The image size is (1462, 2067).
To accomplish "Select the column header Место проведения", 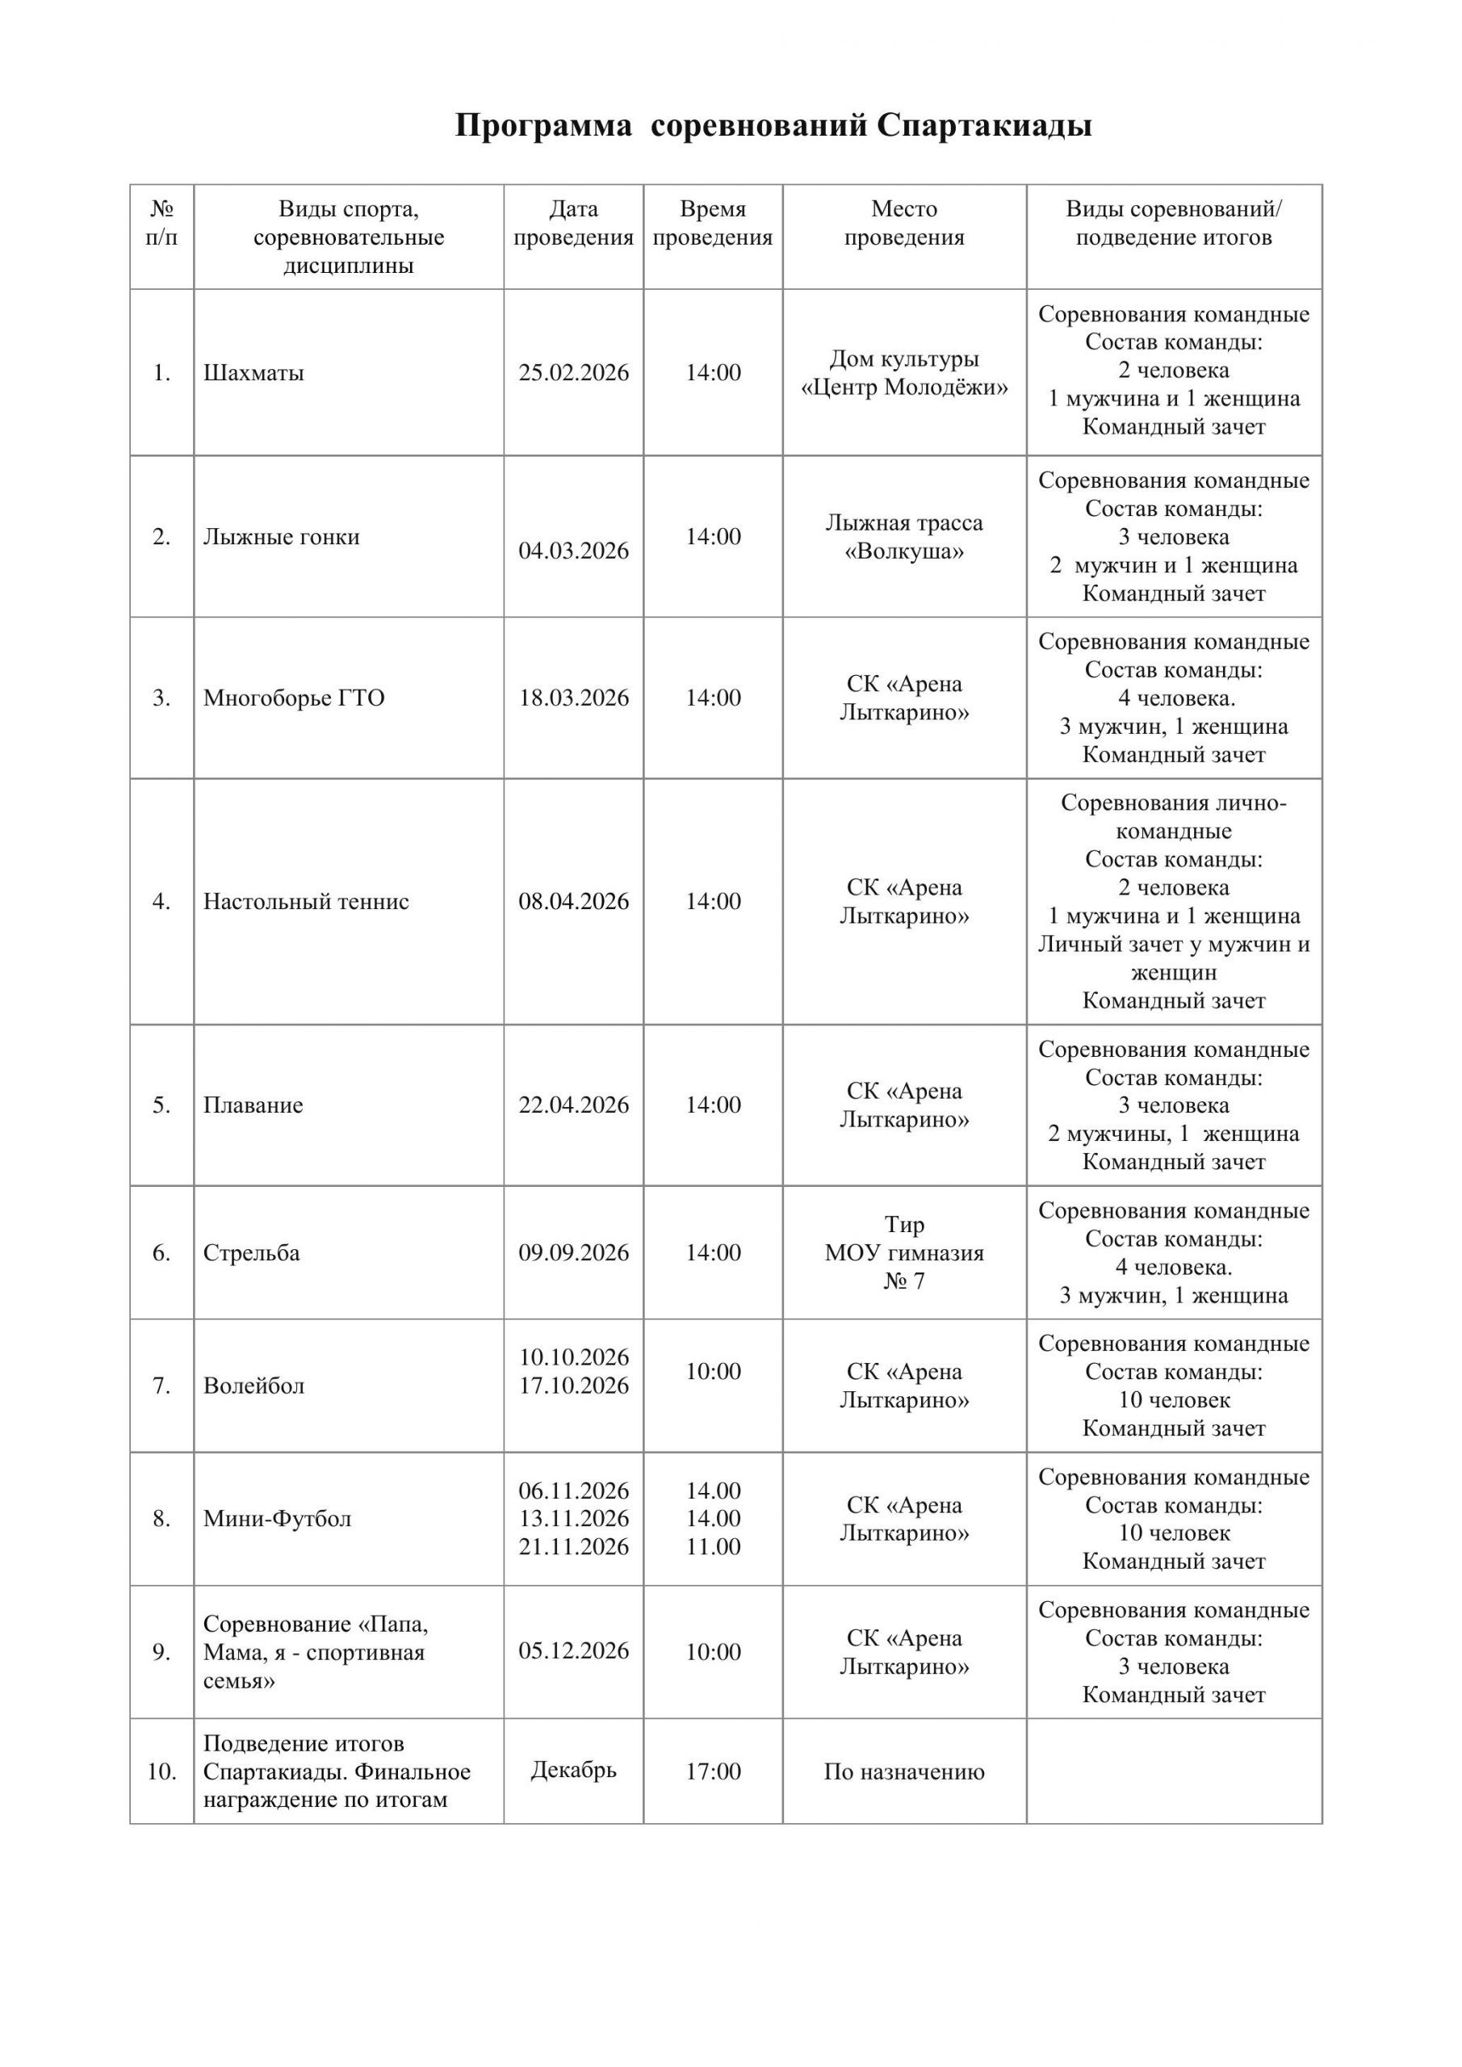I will (x=904, y=224).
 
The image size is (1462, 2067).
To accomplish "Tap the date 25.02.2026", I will (x=573, y=373).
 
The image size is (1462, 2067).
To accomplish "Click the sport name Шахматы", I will (x=253, y=373).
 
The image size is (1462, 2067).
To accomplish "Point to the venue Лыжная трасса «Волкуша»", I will (x=904, y=537).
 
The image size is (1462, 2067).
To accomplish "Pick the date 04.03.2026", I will (x=573, y=551).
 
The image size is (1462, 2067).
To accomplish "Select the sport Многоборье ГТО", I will (x=294, y=698).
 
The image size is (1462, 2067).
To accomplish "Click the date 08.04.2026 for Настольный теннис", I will (x=573, y=901).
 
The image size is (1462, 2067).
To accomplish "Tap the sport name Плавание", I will (x=253, y=1105).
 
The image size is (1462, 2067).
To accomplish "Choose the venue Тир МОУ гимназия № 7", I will (x=904, y=1252).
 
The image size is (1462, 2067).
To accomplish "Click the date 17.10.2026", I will (x=573, y=1386).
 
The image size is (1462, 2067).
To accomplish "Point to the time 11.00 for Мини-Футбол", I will (x=713, y=1547).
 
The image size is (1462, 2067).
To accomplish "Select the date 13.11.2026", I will (x=573, y=1518).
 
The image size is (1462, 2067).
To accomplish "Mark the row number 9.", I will (x=161, y=1652).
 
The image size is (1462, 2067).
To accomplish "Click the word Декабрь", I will (x=573, y=1770).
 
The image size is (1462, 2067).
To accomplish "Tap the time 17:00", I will (x=713, y=1771).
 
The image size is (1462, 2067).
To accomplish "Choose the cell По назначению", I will (x=904, y=1771).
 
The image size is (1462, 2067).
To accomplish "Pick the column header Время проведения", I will (x=713, y=224).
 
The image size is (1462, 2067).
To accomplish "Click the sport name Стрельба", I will (x=251, y=1252).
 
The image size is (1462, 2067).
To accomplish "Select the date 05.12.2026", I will (x=573, y=1650).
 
